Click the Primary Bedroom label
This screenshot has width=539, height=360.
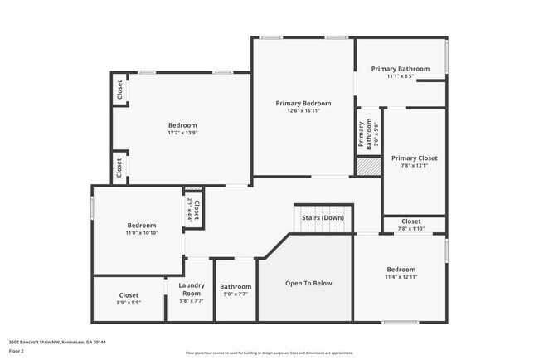[303, 104]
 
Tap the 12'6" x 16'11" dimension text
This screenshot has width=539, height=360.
[303, 111]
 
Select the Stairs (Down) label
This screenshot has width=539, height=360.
[323, 217]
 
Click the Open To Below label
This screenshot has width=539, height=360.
[308, 284]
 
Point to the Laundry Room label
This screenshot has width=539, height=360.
[192, 289]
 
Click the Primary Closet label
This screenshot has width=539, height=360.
[414, 158]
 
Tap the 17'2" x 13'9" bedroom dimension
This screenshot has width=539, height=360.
[182, 133]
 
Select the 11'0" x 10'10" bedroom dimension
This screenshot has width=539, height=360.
[141, 233]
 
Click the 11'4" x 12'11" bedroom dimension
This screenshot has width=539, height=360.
[401, 277]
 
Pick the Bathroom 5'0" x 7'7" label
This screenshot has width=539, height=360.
[235, 287]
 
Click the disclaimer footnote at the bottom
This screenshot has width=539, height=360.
[269, 353]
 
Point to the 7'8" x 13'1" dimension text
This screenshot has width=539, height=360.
[414, 165]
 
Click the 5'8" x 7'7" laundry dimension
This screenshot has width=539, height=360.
[192, 300]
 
